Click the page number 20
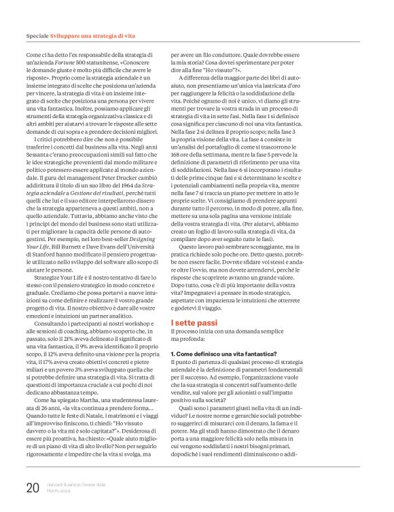(x=32, y=488)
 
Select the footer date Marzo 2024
(x=60, y=492)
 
